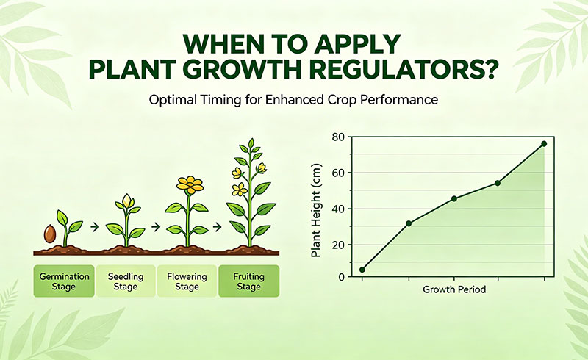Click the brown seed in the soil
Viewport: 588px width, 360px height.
point(50,234)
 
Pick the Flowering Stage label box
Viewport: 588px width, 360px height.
point(187,281)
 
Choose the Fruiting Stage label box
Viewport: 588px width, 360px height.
point(248,281)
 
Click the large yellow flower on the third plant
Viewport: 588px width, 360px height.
point(190,184)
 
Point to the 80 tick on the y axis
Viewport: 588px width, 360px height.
point(338,137)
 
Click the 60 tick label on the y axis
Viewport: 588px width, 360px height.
point(338,173)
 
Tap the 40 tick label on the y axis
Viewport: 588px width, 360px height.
point(338,209)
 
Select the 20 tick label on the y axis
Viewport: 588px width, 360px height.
point(338,245)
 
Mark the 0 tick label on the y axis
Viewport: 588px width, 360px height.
point(341,276)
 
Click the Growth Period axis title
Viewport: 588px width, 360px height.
point(453,290)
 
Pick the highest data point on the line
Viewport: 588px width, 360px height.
point(544,143)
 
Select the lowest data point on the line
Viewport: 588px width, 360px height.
point(362,270)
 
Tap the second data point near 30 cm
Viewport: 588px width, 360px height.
point(409,223)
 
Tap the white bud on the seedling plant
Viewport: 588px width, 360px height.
point(127,200)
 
